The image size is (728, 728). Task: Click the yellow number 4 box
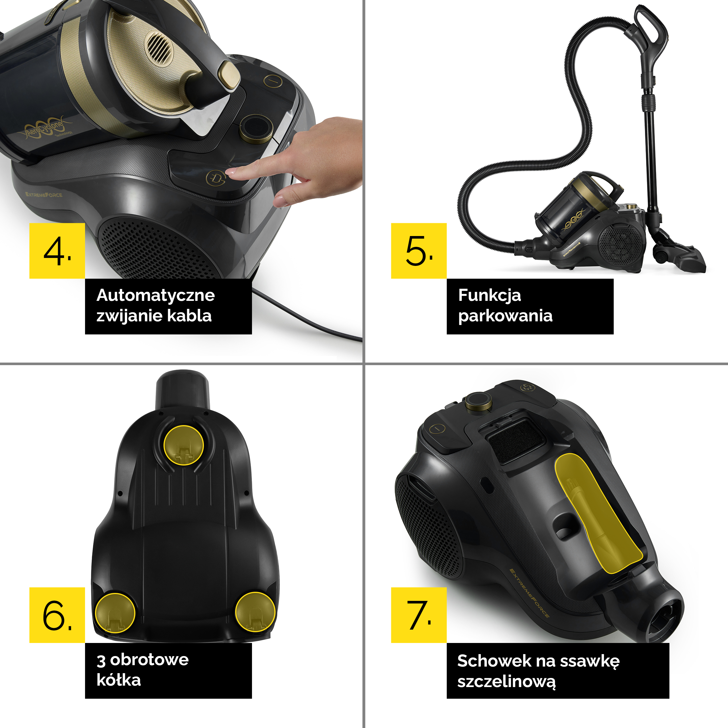pos(57,251)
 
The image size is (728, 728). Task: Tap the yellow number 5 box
pos(419,251)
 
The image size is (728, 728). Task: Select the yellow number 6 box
pos(57,615)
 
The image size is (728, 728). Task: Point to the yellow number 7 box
pos(419,615)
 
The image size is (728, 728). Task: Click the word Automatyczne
pos(156,295)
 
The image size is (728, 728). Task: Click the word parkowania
pos(505,316)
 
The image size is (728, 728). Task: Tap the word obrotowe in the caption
pos(149,659)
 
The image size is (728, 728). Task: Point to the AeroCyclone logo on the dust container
pos(44,128)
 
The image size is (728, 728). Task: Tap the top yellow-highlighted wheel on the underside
pos(184,445)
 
